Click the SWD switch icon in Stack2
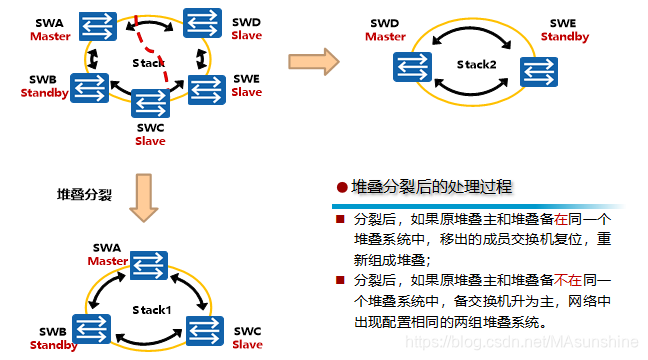tap(410, 67)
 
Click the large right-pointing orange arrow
tap(313, 62)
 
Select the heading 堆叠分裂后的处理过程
tap(433, 188)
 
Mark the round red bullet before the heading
tap(342, 188)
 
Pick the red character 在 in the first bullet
tap(563, 217)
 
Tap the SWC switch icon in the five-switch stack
tap(149, 104)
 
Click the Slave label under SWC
tap(150, 141)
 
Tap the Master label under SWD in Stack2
tap(385, 37)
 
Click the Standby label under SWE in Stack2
tap(565, 37)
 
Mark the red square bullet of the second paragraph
tap(340, 278)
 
